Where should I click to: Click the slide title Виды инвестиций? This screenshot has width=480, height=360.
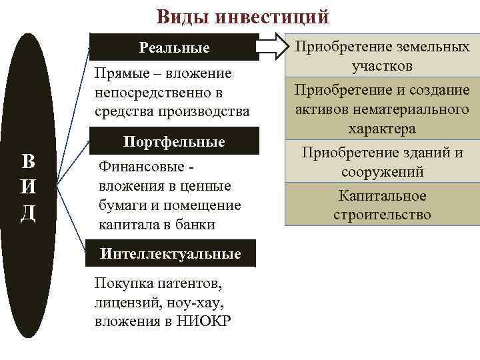coord(243,15)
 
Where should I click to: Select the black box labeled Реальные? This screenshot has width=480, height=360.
coord(174,47)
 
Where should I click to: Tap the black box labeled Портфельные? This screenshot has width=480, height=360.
coord(174,142)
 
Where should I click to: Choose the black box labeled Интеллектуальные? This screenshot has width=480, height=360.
coord(170,253)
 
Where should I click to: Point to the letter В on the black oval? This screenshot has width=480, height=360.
coord(29,162)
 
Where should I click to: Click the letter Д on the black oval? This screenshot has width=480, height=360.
coord(29,213)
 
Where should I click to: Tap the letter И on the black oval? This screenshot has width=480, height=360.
coord(29,187)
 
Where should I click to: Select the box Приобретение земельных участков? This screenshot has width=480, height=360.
coord(382,57)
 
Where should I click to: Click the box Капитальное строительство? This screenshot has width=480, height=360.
coord(382,205)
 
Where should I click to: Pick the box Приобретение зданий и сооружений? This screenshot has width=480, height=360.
coord(382,162)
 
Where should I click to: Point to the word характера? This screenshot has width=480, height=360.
coord(382,128)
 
